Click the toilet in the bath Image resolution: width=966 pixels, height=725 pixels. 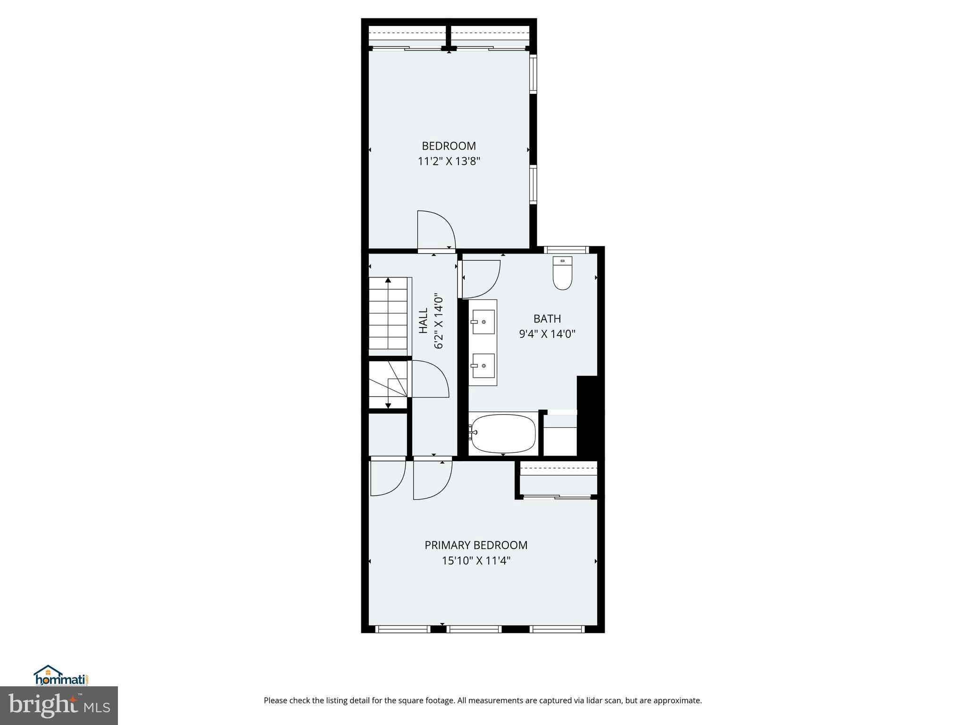[x=562, y=274]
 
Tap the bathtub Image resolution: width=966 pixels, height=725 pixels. [x=504, y=433]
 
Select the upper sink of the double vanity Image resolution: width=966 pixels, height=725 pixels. [x=483, y=322]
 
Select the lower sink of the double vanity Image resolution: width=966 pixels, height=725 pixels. [x=483, y=366]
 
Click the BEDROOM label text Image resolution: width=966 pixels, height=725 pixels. [x=449, y=146]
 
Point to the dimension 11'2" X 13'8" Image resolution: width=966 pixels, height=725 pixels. [x=449, y=161]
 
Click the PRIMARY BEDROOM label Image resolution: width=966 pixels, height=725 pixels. [x=476, y=545]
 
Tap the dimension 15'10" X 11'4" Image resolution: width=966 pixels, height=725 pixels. [x=476, y=561]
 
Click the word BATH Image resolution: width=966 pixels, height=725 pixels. [x=547, y=319]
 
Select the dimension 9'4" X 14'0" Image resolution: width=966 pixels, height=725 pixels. [x=547, y=334]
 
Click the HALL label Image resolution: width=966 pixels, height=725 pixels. [x=424, y=320]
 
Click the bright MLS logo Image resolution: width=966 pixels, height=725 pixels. [x=59, y=706]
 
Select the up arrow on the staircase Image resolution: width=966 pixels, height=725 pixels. [x=388, y=281]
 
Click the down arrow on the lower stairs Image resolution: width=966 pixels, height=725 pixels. [x=388, y=405]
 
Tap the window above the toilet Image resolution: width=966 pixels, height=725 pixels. [x=566, y=250]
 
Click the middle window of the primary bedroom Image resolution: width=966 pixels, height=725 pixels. [x=474, y=629]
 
